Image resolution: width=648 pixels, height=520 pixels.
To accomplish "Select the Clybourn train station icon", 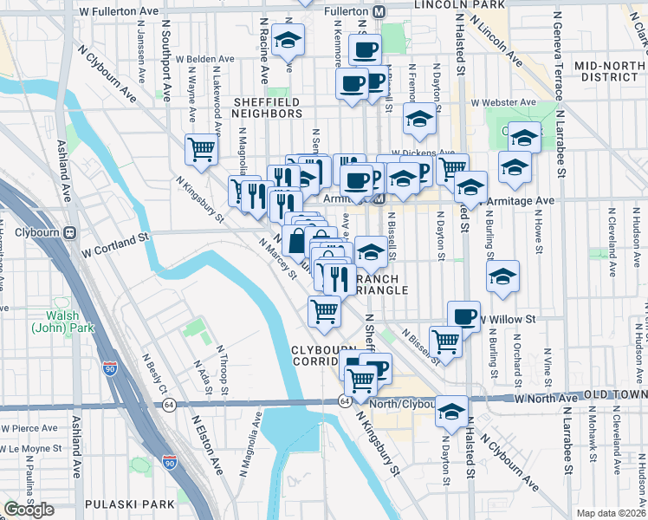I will point(69,232).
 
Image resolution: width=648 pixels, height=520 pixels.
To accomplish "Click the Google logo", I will point(29,510).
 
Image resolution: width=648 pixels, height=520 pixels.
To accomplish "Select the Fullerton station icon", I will point(379,12).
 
